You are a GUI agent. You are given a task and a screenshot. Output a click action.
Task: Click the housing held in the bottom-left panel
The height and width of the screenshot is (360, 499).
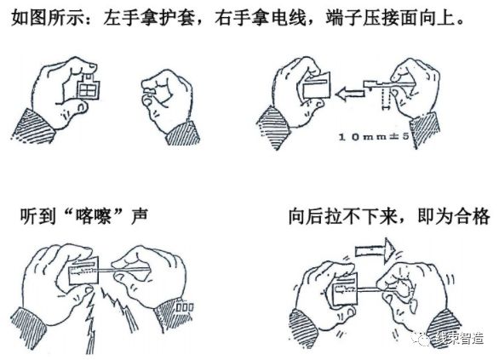coord(87,272)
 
